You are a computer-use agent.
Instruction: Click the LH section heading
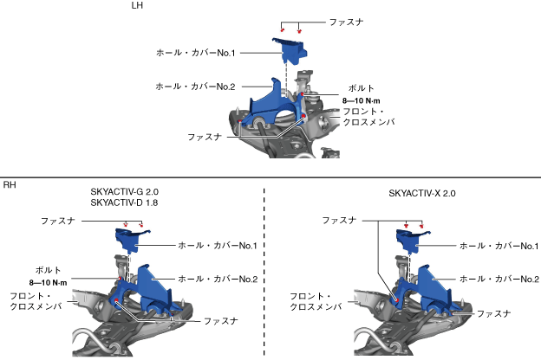click(x=136, y=6)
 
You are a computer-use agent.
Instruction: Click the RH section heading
click(x=10, y=185)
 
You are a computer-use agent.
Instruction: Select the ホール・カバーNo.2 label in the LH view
click(x=196, y=87)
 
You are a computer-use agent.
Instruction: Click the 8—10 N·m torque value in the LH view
click(x=362, y=100)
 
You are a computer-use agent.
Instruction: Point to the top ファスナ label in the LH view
click(x=347, y=19)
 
